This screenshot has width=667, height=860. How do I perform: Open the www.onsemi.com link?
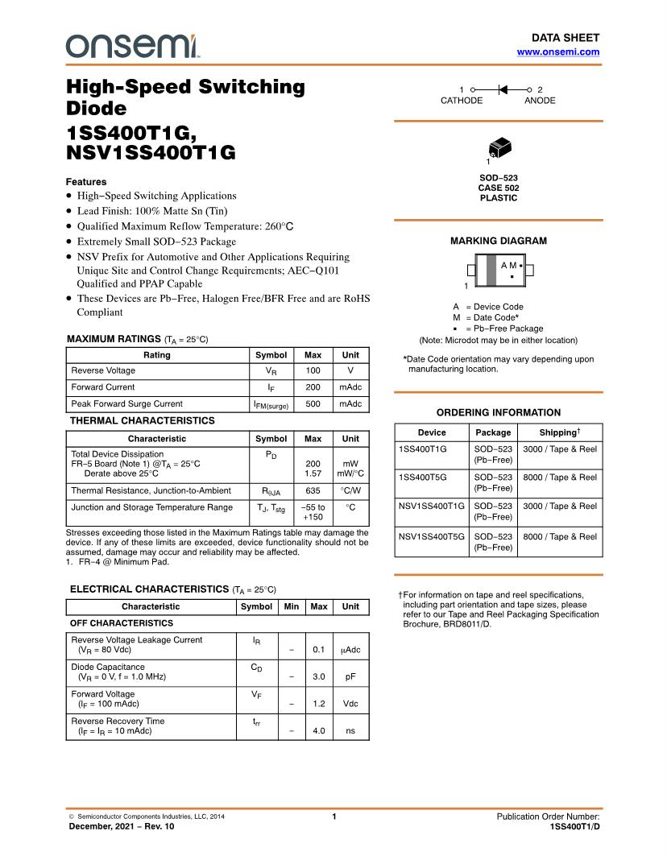(x=557, y=52)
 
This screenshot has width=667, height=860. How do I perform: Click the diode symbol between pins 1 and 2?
(x=500, y=89)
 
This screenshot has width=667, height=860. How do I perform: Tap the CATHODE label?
(x=462, y=101)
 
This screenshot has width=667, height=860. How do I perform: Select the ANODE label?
(x=540, y=101)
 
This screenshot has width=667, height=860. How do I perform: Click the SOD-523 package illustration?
(x=499, y=149)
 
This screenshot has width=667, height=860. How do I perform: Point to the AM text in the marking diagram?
(x=508, y=265)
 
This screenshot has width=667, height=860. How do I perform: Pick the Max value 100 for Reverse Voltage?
(x=313, y=370)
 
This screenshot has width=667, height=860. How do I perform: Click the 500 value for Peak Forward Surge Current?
(x=313, y=403)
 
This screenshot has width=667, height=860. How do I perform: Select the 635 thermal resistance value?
(x=313, y=490)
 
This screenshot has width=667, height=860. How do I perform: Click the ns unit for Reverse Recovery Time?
(x=350, y=731)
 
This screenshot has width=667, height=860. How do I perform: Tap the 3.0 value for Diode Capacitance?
(x=319, y=677)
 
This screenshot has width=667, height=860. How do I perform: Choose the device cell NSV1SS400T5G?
(x=432, y=536)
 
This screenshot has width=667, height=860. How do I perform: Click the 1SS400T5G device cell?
(x=423, y=477)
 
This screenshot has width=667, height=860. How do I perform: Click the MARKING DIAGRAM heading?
(x=498, y=241)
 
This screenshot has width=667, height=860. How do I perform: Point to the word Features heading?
(x=86, y=182)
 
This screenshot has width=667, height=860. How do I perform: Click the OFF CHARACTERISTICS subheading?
(x=122, y=623)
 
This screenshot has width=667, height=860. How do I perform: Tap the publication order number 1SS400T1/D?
(x=574, y=827)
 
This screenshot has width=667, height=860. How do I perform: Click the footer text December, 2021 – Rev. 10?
(x=121, y=827)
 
